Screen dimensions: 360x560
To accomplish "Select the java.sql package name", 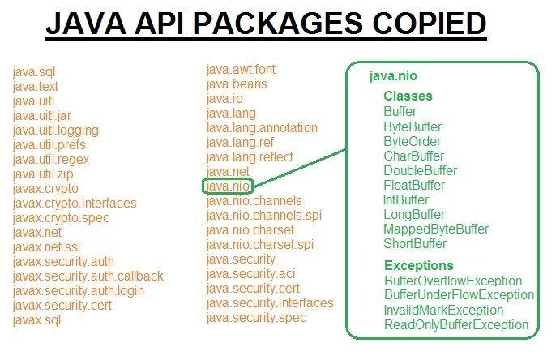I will [34, 72].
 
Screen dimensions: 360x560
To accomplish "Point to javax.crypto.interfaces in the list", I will [75, 204].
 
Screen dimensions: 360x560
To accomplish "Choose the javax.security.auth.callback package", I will [88, 276].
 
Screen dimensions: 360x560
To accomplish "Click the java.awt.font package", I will [239, 70].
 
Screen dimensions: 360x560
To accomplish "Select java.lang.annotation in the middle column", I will [262, 128].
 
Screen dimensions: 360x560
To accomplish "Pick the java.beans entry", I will [237, 84].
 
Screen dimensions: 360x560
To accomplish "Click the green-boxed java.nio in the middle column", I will [228, 186].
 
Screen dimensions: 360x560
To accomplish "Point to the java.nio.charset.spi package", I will [259, 245].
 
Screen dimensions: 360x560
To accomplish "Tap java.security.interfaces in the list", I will [270, 303].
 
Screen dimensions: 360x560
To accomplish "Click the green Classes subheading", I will [408, 96].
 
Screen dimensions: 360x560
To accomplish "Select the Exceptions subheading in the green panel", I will [418, 266].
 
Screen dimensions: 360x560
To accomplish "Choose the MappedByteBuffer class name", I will [436, 229].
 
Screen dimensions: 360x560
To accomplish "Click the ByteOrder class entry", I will [413, 141].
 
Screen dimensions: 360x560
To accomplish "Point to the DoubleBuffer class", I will [420, 170].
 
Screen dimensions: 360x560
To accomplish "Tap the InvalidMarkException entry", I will [443, 311].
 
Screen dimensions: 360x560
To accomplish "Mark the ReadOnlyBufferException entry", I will [456, 325].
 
